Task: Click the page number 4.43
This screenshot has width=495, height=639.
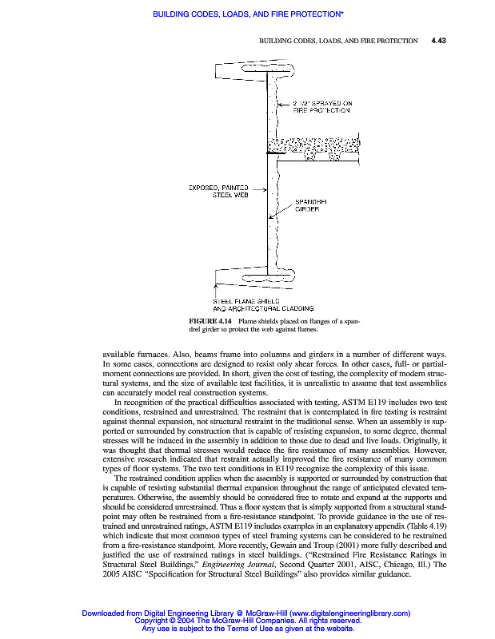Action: tap(437, 40)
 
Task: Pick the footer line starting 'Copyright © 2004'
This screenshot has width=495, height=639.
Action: tap(248, 621)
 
